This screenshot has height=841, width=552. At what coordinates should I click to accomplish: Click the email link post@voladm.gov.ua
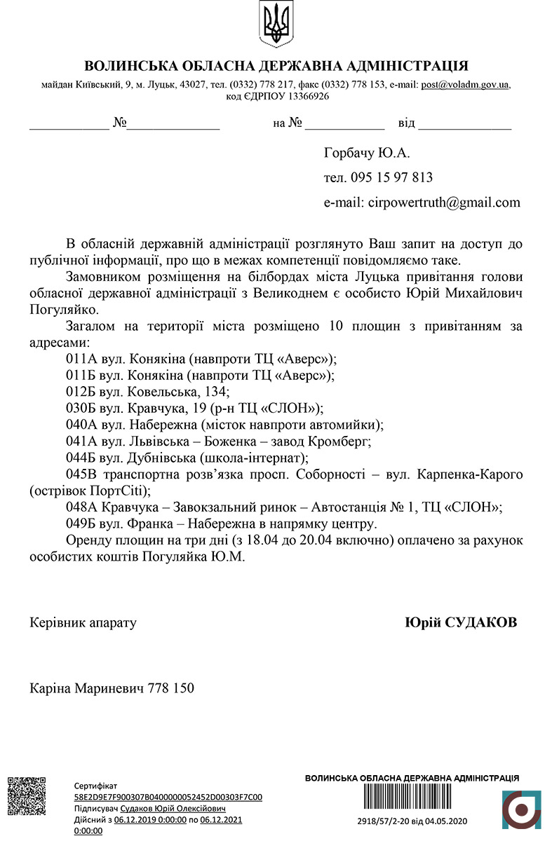465,85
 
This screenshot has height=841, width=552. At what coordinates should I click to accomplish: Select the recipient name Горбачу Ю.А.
367,153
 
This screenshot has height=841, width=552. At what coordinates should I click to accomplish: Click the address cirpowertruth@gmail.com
444,203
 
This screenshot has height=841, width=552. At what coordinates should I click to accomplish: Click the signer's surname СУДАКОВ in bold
481,622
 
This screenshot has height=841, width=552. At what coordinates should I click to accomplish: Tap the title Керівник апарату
83,622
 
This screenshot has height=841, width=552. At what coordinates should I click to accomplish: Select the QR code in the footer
26,795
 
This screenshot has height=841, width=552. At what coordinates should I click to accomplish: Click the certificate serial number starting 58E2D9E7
168,797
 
